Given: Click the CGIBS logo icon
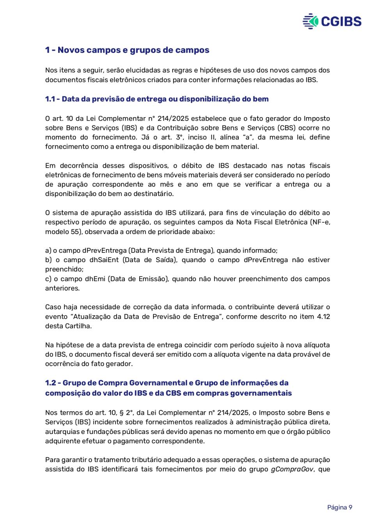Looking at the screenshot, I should (x=310, y=21).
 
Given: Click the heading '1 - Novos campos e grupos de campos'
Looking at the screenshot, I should (x=127, y=50).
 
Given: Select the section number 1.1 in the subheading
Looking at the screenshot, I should (x=50, y=99).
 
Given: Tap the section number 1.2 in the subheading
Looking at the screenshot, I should (x=50, y=383).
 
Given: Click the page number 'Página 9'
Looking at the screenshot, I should (x=339, y=507).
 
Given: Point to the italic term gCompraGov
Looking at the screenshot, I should (x=292, y=469).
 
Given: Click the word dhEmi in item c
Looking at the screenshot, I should (x=95, y=279).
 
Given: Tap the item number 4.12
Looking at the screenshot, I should (x=323, y=316).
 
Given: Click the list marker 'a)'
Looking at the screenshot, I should (x=48, y=250).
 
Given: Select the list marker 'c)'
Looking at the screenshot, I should (x=48, y=279).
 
